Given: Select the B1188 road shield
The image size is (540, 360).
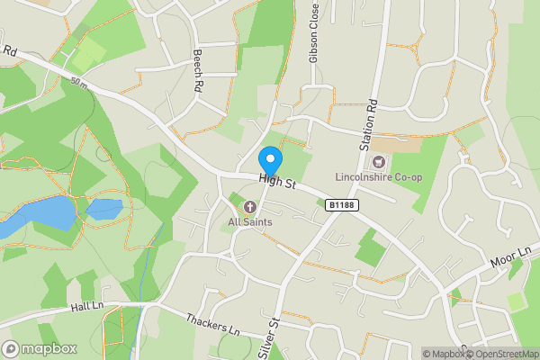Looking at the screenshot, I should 339,206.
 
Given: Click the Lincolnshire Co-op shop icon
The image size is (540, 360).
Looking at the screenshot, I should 377,162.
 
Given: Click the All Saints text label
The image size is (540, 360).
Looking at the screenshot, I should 250,222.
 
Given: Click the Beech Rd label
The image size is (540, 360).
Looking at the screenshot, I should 197,72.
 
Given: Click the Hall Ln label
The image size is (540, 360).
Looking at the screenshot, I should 88,308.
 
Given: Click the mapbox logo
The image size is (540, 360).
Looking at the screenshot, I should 40,348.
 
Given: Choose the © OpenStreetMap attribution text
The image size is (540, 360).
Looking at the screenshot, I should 501,354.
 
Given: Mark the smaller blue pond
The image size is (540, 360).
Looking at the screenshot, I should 104,209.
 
